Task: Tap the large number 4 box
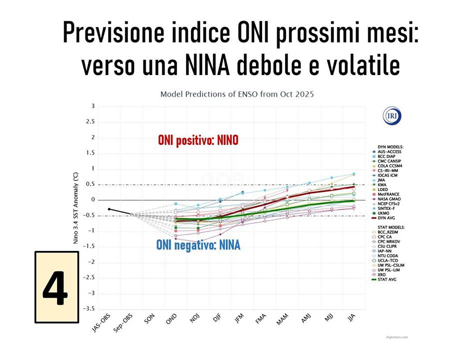coord(56,287)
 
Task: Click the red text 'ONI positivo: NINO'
coord(198,140)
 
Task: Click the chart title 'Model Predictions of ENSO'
coord(237,94)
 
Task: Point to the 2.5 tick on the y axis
coord(91,121)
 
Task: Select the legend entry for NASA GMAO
coord(390,199)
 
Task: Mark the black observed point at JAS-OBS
coord(109,209)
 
